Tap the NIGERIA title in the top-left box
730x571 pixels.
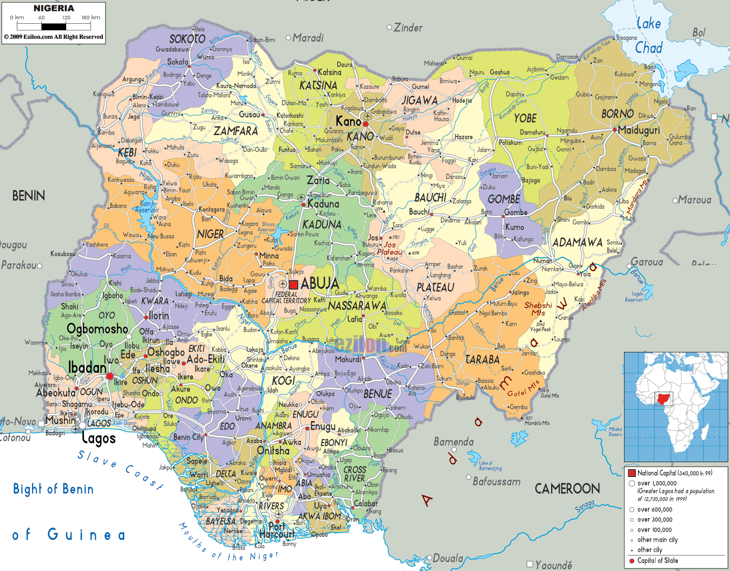54,8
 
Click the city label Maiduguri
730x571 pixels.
639,130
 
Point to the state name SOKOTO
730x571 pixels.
187,39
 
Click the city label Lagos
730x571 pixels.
98,439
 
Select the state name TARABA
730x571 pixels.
482,359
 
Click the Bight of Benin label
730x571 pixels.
53,489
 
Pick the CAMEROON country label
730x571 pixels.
567,488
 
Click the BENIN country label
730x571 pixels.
28,195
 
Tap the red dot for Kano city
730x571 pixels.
366,124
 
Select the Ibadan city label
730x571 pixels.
87,367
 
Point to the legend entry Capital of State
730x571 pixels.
657,561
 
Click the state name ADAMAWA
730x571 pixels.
577,242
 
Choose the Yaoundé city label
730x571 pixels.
553,565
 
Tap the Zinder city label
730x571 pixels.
408,28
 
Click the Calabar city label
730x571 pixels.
366,503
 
